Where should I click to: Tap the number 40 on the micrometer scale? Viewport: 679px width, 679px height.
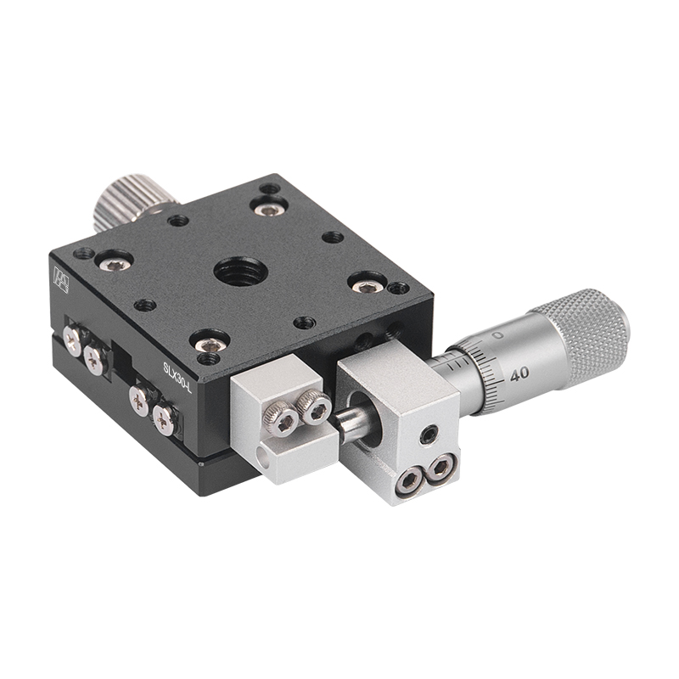click(519, 373)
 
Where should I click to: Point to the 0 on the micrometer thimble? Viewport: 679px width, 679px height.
click(497, 336)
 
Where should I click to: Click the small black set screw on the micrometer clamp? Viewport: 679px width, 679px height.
click(430, 435)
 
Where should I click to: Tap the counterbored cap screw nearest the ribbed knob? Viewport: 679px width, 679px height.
click(115, 264)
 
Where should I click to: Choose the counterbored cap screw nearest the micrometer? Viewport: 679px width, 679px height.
click(367, 286)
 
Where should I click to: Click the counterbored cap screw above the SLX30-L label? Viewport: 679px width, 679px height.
click(209, 345)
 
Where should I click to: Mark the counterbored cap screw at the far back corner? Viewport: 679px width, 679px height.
click(269, 209)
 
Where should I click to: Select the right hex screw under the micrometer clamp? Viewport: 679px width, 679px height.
click(441, 466)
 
